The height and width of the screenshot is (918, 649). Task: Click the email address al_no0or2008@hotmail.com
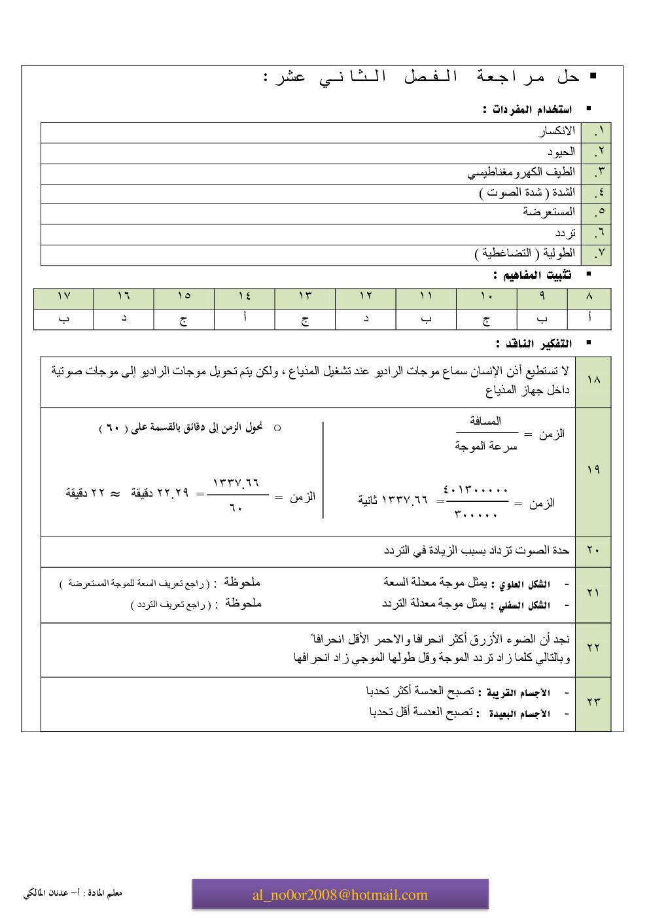[x=340, y=894]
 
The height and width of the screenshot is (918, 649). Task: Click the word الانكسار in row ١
[x=557, y=132]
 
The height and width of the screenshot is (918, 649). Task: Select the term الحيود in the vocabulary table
[x=561, y=152]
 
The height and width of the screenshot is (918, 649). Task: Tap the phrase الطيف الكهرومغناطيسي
[x=521, y=172]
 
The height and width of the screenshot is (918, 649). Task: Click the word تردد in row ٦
[x=565, y=233]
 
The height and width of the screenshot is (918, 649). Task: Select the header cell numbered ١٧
[x=63, y=296]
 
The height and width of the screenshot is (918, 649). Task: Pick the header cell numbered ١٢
[x=366, y=296]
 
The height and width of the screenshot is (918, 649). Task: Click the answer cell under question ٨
[x=589, y=318]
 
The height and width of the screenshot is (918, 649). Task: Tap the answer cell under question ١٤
[x=245, y=318]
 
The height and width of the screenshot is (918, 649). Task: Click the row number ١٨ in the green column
[x=593, y=380]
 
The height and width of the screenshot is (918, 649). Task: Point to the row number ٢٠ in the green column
[x=593, y=550]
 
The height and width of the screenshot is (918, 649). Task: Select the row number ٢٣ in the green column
[x=593, y=702]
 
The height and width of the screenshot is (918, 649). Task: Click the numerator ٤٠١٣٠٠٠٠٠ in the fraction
[x=475, y=490]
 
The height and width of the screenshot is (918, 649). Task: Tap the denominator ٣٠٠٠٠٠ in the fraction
[x=475, y=515]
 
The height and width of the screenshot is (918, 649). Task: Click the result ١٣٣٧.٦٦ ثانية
[x=393, y=501]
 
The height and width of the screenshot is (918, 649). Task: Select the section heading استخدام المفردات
[x=531, y=109]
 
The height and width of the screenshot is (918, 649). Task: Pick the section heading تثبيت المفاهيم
[x=536, y=275]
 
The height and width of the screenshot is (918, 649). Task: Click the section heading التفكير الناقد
[x=538, y=344]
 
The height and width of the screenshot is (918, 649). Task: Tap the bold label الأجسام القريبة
[x=518, y=693]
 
